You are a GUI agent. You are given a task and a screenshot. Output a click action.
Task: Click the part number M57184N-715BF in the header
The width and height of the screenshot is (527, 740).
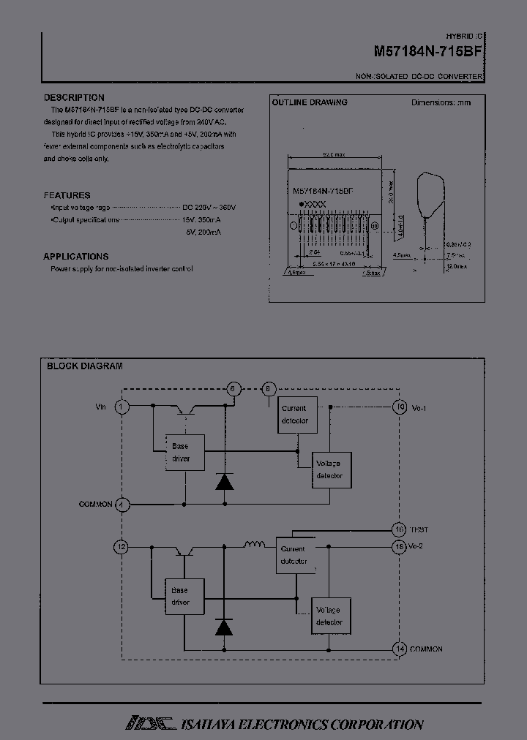427,53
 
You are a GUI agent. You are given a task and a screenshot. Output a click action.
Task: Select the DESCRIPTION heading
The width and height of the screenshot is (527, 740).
74,97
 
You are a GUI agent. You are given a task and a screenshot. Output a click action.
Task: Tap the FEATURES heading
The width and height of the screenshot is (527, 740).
67,195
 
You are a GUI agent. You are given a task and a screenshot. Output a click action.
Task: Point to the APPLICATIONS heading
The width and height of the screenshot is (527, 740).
76,256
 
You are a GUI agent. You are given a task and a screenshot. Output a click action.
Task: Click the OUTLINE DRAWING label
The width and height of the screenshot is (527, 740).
310,102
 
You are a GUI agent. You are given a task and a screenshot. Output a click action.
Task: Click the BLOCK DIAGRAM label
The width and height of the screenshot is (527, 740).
85,366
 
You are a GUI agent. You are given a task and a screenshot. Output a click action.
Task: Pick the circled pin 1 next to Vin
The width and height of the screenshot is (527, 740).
122,406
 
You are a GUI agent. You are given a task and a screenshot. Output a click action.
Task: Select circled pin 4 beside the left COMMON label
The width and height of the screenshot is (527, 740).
122,505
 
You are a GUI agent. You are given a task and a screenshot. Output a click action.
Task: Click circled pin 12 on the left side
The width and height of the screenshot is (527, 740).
122,546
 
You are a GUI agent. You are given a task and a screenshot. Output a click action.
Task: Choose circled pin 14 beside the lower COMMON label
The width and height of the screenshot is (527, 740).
400,649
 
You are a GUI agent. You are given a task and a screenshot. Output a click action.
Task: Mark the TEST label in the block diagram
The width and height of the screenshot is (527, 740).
419,529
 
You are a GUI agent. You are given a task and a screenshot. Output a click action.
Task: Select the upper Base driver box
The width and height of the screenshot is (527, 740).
180,452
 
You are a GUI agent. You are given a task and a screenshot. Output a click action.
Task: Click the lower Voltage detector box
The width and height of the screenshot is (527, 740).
329,616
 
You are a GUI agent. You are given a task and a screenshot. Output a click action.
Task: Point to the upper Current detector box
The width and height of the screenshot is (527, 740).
294,415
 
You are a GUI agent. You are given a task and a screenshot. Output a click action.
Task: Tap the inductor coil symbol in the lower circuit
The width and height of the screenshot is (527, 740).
255,544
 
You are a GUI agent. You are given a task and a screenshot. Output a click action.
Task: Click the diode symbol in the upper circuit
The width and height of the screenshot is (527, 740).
224,481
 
